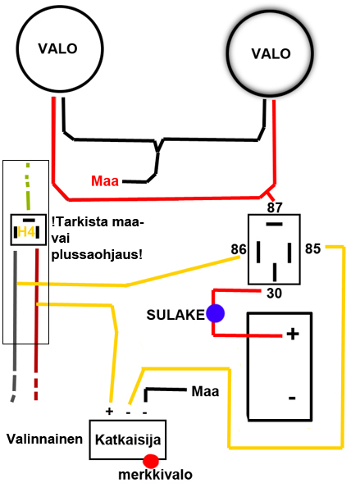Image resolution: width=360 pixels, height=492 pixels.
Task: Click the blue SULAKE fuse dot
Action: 216,313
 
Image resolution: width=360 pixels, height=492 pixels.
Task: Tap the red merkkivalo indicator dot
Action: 151,461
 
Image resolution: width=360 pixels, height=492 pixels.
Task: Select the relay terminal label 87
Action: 275,207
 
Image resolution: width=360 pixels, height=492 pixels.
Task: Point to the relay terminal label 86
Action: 239,249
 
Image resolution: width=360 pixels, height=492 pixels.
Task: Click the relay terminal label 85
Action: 313,248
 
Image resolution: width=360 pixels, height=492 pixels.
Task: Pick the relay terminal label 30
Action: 275,294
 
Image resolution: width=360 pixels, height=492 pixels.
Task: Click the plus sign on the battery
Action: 293,334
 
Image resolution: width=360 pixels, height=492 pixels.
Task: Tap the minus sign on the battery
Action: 292,399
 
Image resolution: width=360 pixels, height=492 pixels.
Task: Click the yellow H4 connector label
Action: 26,232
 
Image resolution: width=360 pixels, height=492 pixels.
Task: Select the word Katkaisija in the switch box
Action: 128,440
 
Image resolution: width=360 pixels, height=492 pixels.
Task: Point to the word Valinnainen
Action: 44,439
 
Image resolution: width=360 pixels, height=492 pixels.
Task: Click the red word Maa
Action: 105,181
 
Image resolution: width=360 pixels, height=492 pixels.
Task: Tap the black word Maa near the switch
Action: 205,392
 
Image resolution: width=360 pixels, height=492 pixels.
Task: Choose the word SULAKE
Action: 175,315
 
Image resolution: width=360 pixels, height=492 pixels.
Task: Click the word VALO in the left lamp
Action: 57,48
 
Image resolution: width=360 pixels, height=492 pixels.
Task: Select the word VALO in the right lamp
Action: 271,53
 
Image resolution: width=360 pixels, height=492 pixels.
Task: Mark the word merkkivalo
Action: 155,475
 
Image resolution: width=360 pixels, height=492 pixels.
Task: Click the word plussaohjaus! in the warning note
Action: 97,255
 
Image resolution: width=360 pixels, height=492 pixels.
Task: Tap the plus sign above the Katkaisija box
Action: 109,412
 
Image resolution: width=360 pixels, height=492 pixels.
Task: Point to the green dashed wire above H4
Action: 28,186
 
